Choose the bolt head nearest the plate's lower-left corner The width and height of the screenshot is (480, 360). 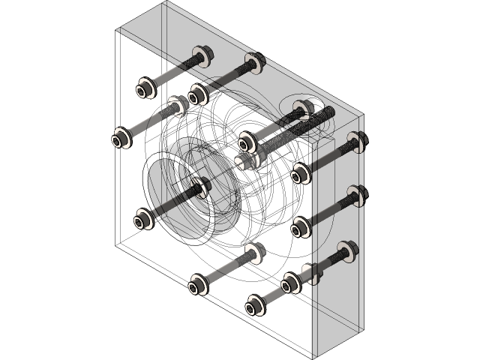point(142,220)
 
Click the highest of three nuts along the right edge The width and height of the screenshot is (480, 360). point(356,141)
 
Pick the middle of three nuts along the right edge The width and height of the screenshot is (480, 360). point(356,195)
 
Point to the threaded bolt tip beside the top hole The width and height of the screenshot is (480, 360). point(326,112)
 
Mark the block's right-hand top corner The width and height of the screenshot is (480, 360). point(363,116)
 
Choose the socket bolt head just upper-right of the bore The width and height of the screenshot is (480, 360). point(248,141)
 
